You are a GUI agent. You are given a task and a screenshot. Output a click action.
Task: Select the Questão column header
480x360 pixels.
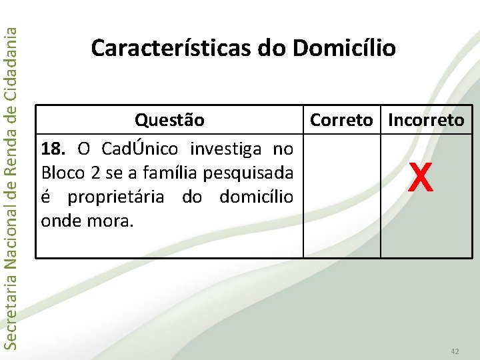pos(169,120)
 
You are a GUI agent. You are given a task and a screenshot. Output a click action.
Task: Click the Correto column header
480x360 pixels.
pos(341,120)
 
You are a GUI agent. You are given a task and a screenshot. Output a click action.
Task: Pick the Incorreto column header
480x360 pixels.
pos(426,120)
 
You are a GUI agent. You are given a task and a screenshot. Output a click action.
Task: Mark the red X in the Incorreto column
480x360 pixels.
pos(420,178)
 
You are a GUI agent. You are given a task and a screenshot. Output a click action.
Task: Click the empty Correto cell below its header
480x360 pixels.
pos(341,196)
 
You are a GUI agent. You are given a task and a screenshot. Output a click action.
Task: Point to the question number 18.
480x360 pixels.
pos(55,147)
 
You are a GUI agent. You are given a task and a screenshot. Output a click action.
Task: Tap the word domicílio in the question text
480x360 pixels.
pos(255,197)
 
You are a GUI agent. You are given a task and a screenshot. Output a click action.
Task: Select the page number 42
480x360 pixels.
pos(455,351)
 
